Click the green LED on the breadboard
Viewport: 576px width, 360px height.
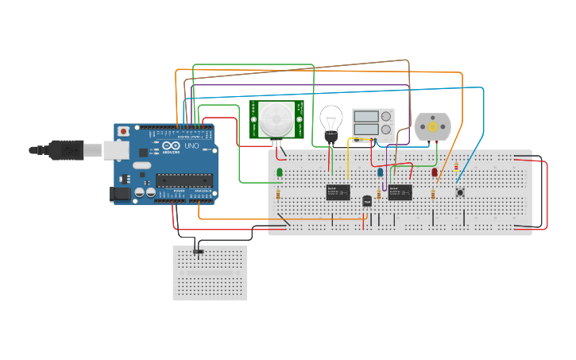[280, 172]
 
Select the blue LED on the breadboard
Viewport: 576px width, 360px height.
[381, 172]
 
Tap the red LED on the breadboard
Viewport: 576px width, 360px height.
[435, 172]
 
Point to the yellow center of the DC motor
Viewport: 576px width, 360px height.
[432, 126]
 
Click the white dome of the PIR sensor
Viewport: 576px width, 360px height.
[276, 118]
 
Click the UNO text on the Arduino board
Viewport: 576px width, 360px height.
[191, 146]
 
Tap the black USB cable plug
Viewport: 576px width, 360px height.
[68, 149]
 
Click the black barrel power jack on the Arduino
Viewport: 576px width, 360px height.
[120, 193]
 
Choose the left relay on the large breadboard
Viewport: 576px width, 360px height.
[338, 192]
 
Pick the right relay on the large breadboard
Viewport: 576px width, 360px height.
[400, 192]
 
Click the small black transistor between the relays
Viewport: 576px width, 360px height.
[367, 201]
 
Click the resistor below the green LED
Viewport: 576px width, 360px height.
[277, 194]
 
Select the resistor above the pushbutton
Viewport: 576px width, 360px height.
[456, 167]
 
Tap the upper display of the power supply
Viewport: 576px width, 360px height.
[365, 117]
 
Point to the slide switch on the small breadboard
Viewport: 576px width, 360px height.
[199, 252]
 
